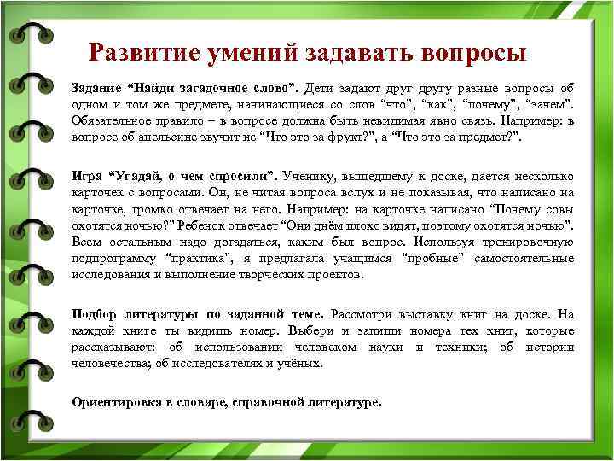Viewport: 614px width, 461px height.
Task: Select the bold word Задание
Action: pyautogui.click(x=97, y=88)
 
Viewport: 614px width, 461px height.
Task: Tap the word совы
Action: pyautogui.click(x=559, y=209)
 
